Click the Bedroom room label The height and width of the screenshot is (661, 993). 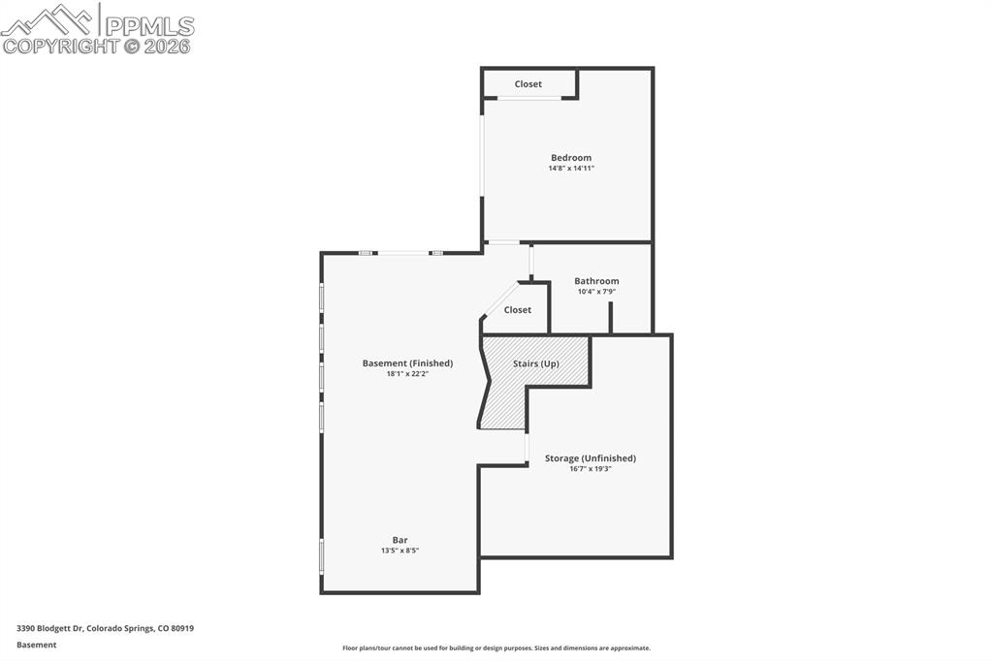coord(570,158)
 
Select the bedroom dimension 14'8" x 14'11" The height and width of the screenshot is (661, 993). coord(570,169)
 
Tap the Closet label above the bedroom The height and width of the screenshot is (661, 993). coord(529,84)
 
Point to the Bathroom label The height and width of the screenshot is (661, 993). coord(596,281)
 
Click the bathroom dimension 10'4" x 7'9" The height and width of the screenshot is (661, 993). coord(596,292)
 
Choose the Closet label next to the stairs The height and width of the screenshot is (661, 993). coord(518,310)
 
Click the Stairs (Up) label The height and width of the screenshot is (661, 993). coord(536,363)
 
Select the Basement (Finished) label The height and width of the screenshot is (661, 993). coord(407,363)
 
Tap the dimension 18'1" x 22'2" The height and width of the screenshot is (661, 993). coord(407,374)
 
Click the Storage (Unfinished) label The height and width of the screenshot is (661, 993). coord(590,458)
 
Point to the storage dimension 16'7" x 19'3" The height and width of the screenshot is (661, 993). coord(590,469)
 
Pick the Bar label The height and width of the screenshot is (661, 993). coord(400,540)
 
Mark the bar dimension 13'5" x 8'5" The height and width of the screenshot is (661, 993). coord(400,551)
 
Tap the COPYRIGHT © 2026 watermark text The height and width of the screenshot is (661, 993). coord(97,46)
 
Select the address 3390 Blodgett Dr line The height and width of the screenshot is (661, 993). coord(105,628)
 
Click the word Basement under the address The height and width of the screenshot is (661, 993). coord(36,645)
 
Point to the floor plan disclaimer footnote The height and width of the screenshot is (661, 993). coord(496,648)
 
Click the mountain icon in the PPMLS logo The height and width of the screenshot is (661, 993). coord(48,19)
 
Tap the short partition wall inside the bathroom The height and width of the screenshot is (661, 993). coord(610,318)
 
